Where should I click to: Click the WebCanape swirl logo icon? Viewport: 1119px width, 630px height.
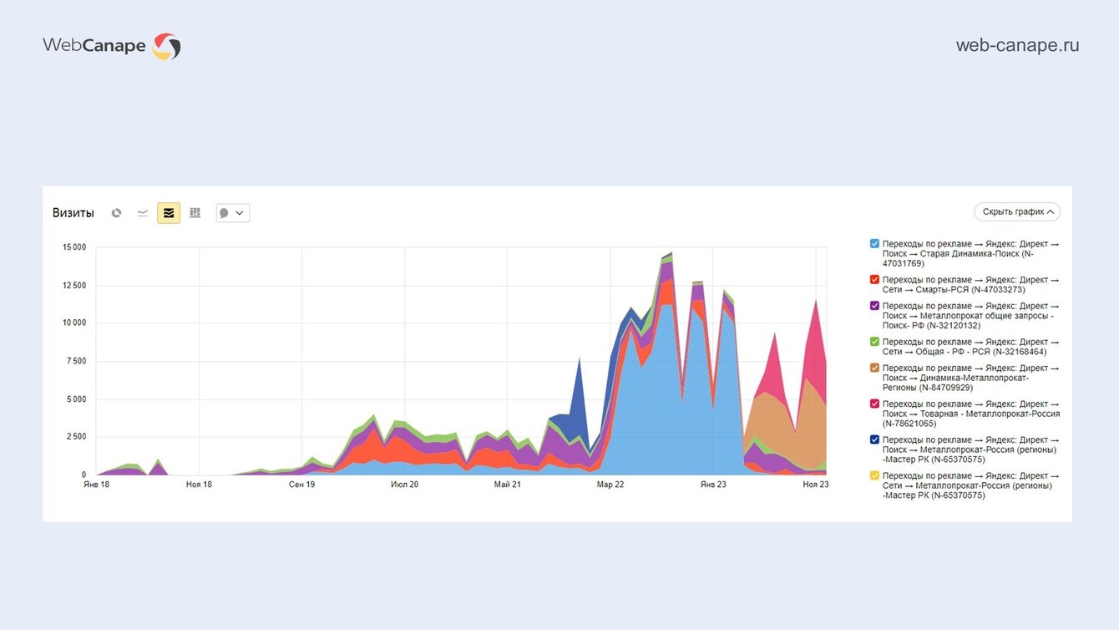166,46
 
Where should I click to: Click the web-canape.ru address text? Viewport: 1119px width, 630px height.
1017,45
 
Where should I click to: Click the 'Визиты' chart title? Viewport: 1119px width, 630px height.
73,213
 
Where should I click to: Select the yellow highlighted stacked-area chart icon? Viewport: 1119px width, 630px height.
169,213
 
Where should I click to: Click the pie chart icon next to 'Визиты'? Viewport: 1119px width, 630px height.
117,213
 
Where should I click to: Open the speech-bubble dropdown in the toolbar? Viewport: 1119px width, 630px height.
232,213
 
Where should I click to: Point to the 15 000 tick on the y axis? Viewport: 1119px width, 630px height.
74,247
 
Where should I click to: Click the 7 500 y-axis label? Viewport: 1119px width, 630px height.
77,361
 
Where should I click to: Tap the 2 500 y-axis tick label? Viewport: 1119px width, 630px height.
77,437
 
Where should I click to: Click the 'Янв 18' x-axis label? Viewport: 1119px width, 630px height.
97,485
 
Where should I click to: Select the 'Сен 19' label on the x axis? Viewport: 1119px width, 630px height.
302,485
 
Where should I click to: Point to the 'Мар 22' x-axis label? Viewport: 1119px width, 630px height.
610,485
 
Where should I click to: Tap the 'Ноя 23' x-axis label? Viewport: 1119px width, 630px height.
816,485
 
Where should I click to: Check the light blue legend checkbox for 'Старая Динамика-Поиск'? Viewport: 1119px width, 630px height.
874,243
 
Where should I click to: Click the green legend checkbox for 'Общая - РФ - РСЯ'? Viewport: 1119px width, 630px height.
874,342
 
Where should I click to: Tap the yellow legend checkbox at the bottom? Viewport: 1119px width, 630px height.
874,475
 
